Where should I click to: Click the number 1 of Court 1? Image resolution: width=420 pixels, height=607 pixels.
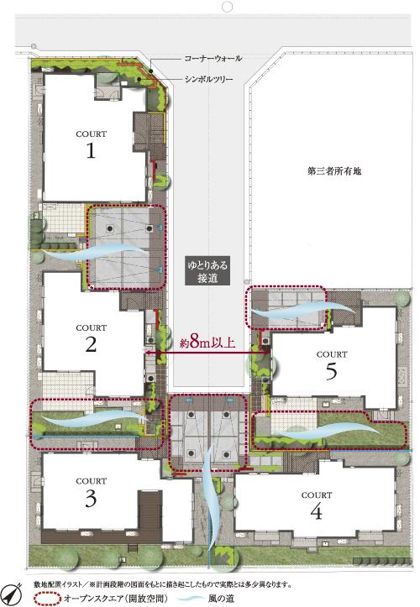(x=89, y=151)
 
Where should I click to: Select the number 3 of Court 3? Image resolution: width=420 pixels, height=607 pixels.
(x=90, y=499)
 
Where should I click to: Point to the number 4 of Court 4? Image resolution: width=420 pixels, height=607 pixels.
(x=315, y=511)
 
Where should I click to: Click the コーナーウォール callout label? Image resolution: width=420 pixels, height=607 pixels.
(x=213, y=58)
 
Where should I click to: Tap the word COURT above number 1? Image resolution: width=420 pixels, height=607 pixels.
(x=90, y=133)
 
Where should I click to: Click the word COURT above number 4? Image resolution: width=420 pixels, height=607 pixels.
(x=315, y=494)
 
